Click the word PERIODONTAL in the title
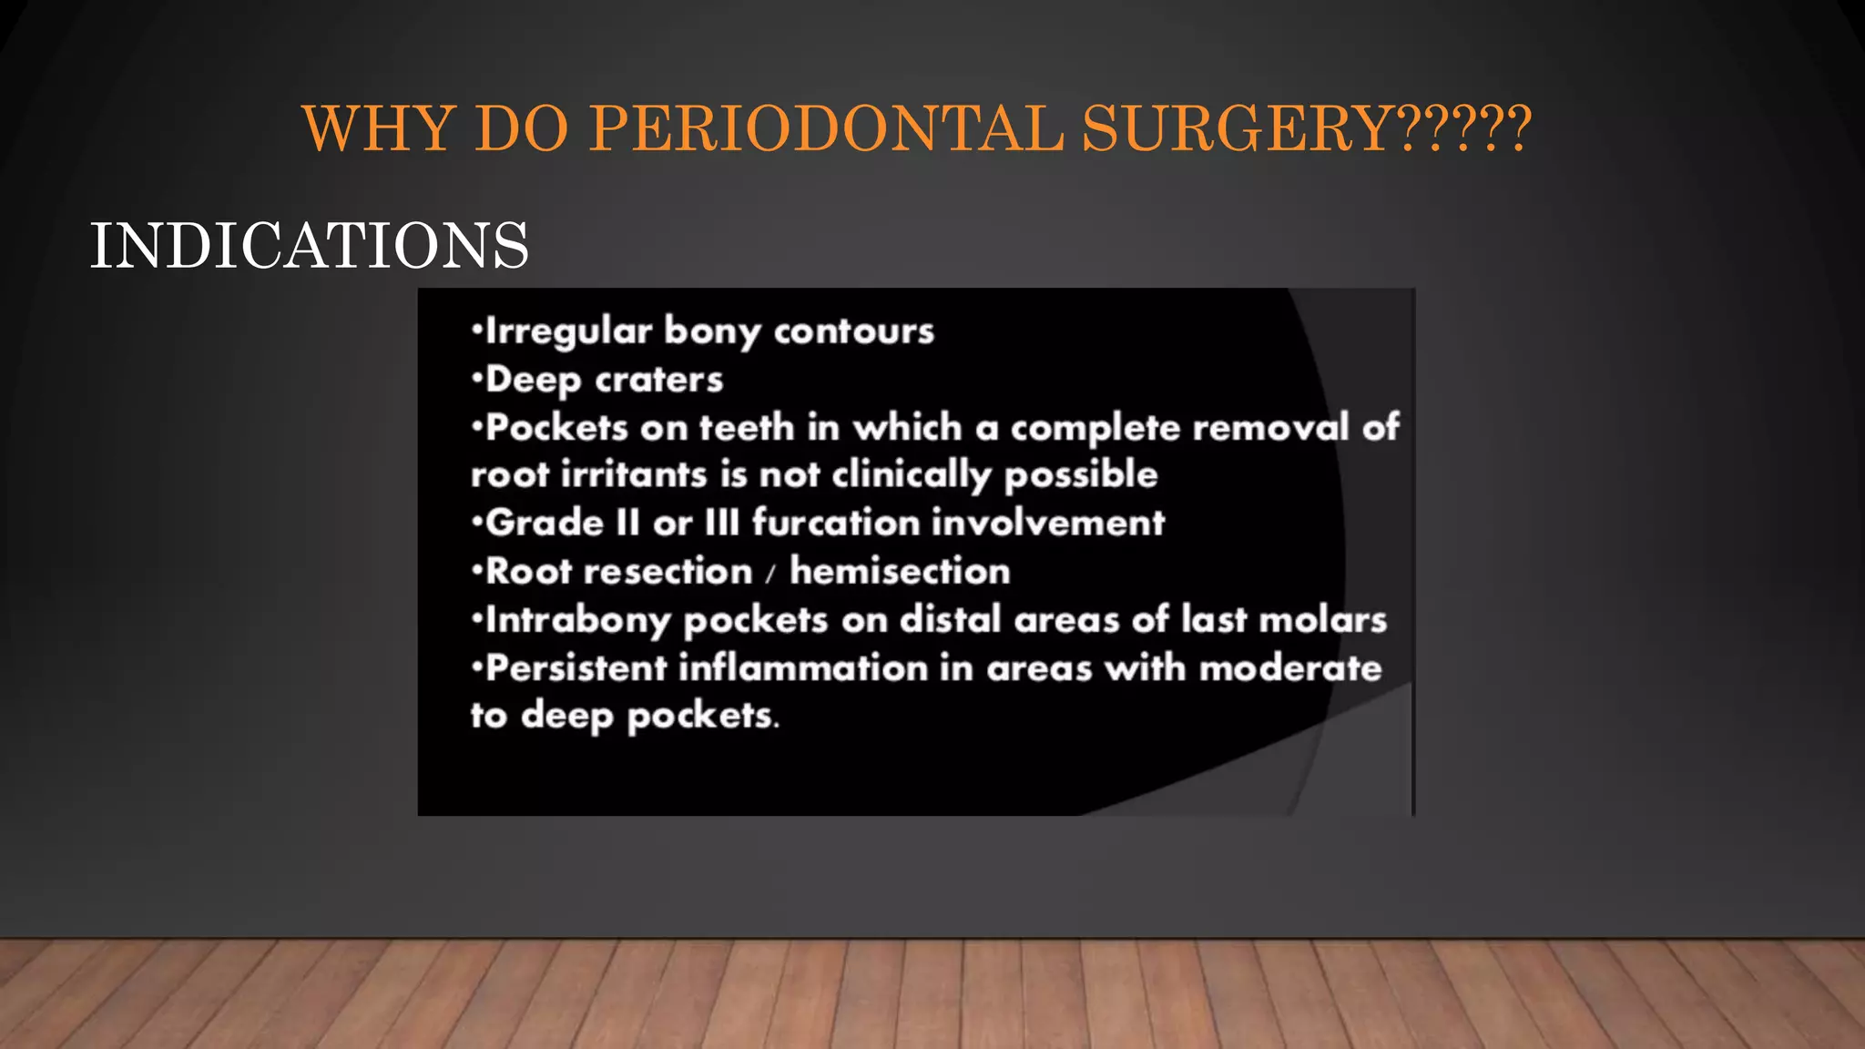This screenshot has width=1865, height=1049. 826,128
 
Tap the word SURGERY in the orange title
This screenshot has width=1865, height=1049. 1236,128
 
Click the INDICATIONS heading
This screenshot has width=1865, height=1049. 309,246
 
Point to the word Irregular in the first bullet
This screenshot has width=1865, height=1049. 568,331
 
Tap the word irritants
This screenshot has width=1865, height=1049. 633,475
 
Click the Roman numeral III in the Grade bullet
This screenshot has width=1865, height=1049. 721,523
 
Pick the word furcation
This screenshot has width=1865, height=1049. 835,523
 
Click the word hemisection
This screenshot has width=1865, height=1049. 900,571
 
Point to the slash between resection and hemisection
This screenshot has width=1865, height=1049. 770,574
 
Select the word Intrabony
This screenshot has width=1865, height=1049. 578,620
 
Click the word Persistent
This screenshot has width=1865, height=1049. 576,668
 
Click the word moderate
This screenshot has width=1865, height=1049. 1290,668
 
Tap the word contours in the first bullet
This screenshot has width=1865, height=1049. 853,331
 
